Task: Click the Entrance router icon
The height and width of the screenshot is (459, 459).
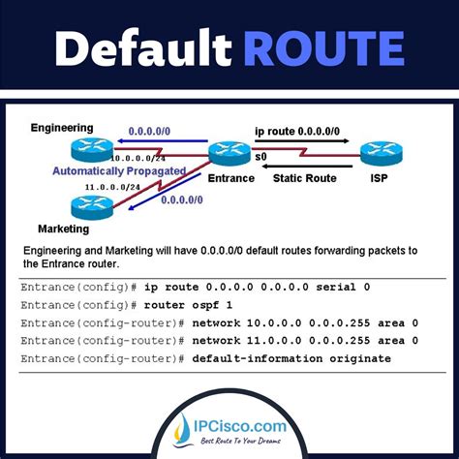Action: pos(229,153)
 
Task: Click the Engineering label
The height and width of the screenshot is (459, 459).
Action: pos(62,127)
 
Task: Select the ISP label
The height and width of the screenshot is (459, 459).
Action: pos(379,177)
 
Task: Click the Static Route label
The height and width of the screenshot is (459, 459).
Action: pos(305,177)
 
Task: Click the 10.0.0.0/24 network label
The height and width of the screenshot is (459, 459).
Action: pos(138,158)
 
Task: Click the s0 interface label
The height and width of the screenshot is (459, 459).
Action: pos(260,156)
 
